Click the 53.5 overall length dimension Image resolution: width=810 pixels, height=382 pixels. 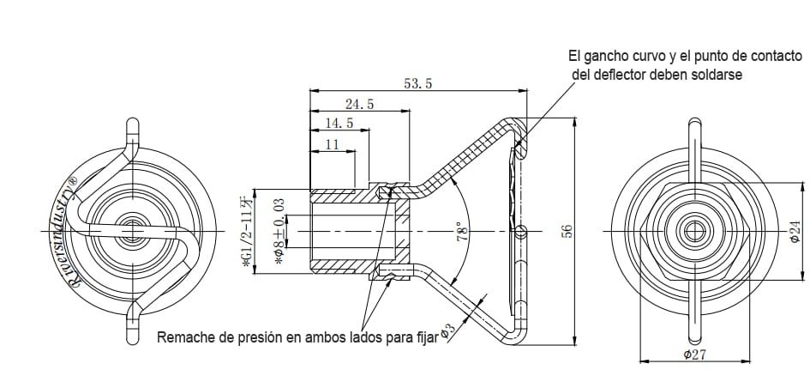pyautogui.click(x=417, y=83)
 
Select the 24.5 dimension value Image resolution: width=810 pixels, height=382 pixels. pyautogui.click(x=359, y=104)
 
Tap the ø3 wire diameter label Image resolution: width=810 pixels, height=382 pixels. pyautogui.click(x=447, y=330)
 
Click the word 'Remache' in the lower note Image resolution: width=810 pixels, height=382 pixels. pyautogui.click(x=183, y=337)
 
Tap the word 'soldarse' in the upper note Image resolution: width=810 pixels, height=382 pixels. pyautogui.click(x=716, y=75)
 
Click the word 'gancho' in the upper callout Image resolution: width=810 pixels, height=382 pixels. pyautogui.click(x=607, y=56)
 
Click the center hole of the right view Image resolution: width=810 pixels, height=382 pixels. pyautogui.click(x=693, y=231)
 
